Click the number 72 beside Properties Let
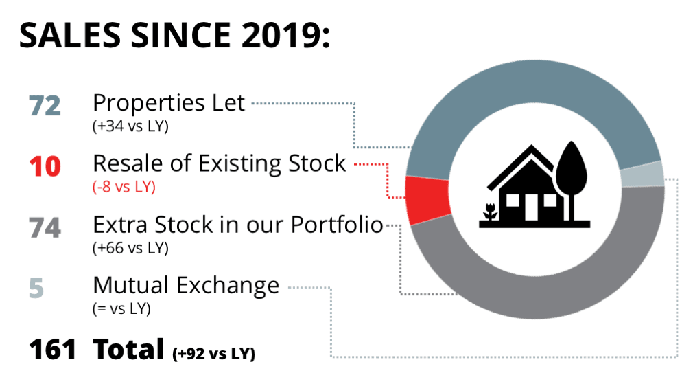[45, 106]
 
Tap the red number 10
[45, 166]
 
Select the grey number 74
[45, 227]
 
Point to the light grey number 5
[36, 288]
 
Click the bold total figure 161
[52, 350]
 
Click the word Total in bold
[128, 349]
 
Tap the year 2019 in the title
[277, 35]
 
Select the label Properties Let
[169, 104]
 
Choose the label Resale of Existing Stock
[220, 164]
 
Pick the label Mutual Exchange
[186, 286]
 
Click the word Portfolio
[337, 225]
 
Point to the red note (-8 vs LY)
[124, 187]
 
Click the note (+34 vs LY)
[130, 126]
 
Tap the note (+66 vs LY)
[130, 248]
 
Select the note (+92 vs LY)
[214, 354]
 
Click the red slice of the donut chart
[427, 199]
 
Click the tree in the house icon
[572, 179]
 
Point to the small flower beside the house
[490, 212]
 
